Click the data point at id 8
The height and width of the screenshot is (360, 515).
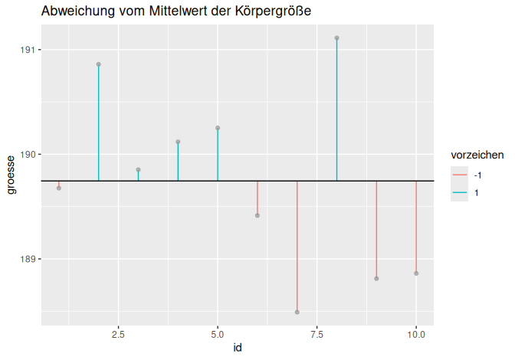(x=336, y=38)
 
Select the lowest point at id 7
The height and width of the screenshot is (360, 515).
(x=297, y=312)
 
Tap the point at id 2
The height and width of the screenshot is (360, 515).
(x=99, y=64)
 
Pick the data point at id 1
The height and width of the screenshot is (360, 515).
(x=59, y=188)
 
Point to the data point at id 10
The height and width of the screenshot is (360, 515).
(x=416, y=273)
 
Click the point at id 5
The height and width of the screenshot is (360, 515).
(x=218, y=128)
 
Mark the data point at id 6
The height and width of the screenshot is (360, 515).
(x=257, y=215)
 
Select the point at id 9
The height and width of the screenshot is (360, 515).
(x=376, y=278)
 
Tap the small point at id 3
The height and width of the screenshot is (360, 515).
(x=139, y=169)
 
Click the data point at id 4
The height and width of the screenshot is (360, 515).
(x=178, y=142)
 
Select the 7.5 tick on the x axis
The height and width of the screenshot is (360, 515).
(x=317, y=335)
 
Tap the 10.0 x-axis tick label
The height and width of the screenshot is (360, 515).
(x=416, y=335)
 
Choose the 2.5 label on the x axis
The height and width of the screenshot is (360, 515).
(x=119, y=335)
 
